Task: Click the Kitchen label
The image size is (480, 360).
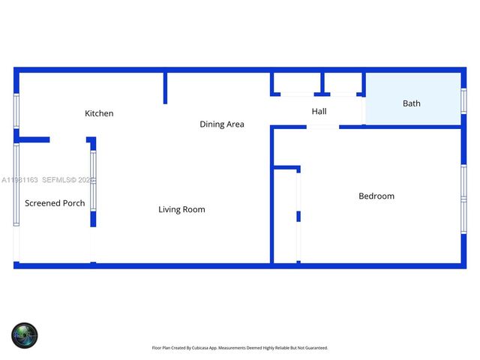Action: [99, 113]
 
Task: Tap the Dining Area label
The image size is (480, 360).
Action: [221, 124]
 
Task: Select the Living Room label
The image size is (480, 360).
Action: [181, 209]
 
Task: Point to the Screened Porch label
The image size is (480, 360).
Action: [55, 203]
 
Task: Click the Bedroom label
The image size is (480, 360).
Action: [376, 196]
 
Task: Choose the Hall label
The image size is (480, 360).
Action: [319, 112]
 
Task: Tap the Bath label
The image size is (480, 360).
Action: [412, 103]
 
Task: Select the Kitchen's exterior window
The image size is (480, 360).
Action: [16, 110]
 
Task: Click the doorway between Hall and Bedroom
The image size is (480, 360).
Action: [322, 127]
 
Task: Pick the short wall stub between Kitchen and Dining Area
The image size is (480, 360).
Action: [165, 88]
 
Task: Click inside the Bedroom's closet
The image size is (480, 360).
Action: [286, 216]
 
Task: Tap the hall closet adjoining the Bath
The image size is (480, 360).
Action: [343, 82]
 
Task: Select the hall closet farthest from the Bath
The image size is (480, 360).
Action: [295, 82]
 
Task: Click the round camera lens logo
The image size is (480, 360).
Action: [24, 334]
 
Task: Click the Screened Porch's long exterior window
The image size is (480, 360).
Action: [16, 184]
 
